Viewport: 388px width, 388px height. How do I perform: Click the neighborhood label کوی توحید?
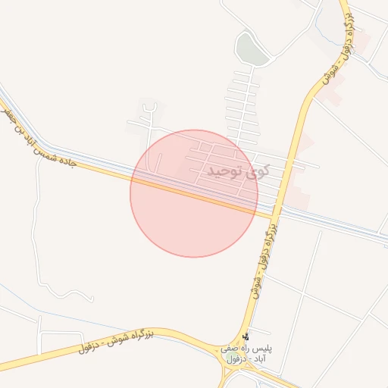pyautogui.click(x=242, y=172)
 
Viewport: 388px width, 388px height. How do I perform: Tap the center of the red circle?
pyautogui.click(x=194, y=193)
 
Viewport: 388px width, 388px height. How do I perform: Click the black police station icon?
pyautogui.click(x=245, y=337)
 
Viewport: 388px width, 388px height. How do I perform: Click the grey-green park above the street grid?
pyautogui.click(x=250, y=49)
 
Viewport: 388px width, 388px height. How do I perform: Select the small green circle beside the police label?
pyautogui.click(x=229, y=356)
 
